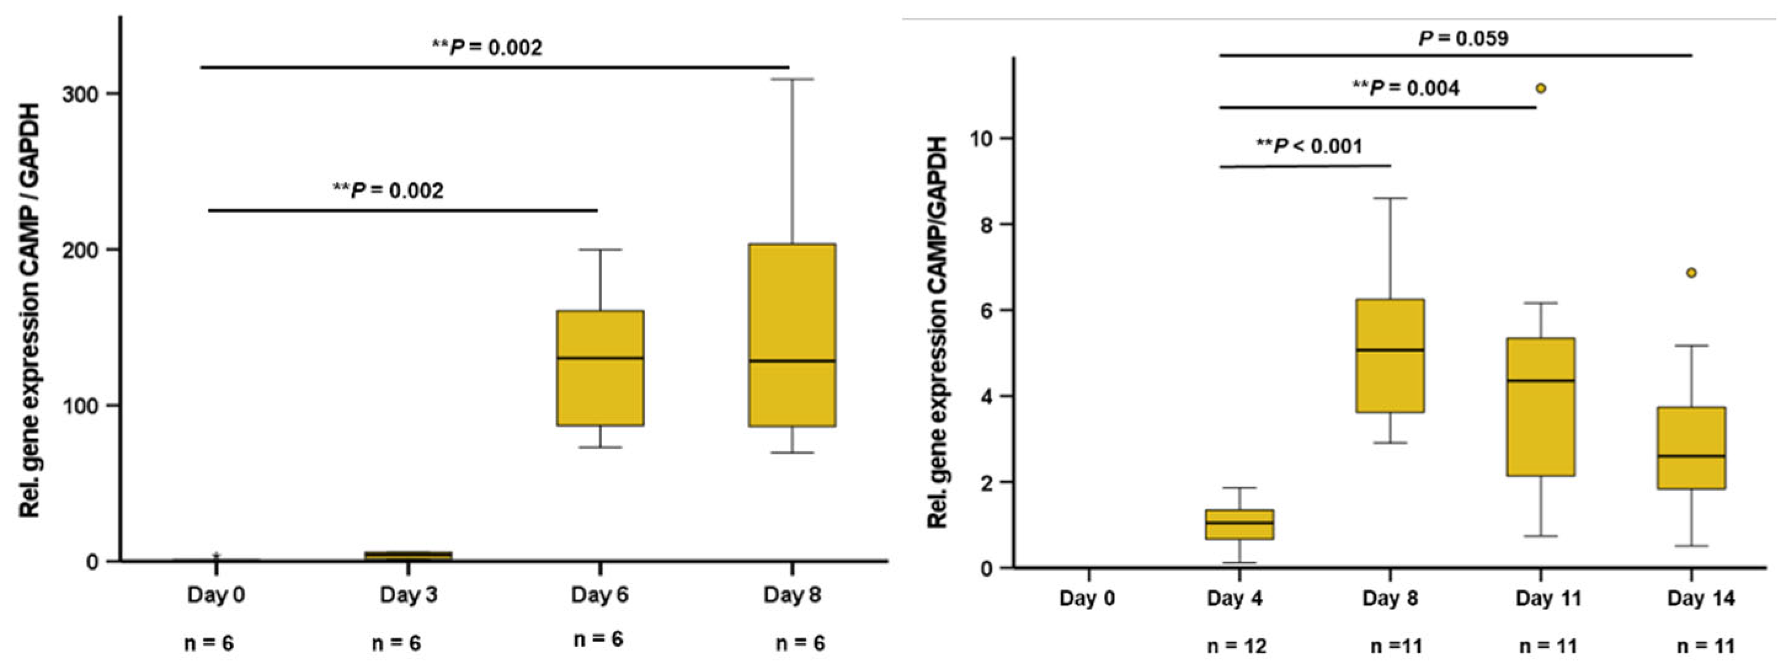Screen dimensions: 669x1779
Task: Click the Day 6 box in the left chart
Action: pos(600,367)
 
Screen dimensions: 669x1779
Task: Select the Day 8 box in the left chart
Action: pos(792,335)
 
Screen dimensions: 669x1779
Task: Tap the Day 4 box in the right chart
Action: pos(1239,525)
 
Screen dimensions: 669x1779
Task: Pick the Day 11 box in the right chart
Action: pos(1540,406)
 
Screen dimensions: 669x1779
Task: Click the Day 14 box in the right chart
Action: pos(1690,448)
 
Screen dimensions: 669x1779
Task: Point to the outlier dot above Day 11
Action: pos(1540,89)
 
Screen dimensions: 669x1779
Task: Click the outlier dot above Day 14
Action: pos(1691,273)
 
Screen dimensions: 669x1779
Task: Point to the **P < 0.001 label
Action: pos(1308,146)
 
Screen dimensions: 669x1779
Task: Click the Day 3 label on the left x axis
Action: pos(408,595)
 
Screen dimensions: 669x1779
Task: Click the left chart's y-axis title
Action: pos(30,311)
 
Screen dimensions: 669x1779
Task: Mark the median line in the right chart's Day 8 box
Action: pos(1389,350)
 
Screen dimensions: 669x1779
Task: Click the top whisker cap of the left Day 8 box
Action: pos(792,79)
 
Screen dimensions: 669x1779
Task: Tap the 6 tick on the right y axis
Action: pos(989,310)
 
